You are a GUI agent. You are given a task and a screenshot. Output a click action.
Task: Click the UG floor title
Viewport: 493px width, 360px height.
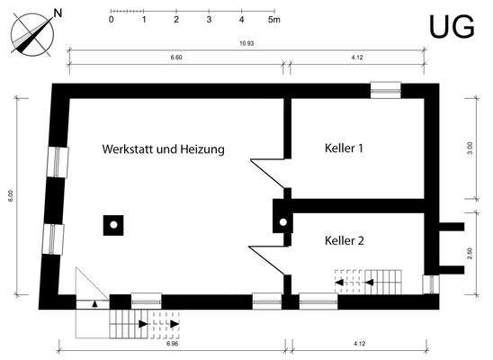click(451, 27)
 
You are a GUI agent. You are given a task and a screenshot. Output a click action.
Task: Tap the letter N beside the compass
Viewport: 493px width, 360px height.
click(58, 13)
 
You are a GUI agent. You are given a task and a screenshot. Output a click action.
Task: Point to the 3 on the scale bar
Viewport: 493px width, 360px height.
click(209, 18)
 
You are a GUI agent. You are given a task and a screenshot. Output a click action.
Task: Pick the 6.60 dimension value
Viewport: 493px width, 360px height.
click(176, 57)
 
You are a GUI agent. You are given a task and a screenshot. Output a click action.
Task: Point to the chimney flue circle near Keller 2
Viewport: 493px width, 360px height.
click(282, 221)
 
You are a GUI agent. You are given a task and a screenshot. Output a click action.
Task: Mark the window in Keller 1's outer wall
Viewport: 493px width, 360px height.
click(386, 90)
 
